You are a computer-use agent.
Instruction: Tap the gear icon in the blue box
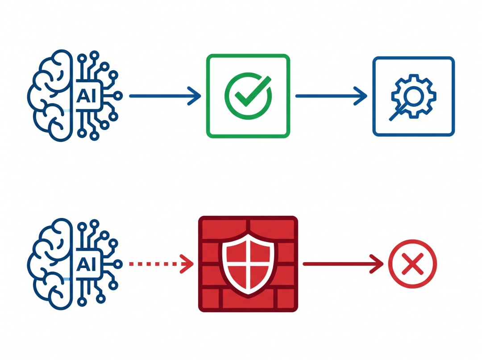coord(414,96)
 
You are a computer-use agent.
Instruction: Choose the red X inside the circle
coord(412,264)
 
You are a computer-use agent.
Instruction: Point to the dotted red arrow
coord(162,264)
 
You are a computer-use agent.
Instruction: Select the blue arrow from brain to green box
coord(165,96)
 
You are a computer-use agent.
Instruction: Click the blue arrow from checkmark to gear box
coord(331,96)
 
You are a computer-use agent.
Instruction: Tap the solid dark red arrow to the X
coord(343,264)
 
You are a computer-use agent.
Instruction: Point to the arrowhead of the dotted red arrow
coord(187,264)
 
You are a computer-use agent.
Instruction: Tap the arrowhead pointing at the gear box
coord(361,96)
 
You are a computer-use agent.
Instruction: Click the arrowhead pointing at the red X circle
coord(378,264)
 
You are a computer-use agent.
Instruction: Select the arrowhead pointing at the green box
coord(195,96)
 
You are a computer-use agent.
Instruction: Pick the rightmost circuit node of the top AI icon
coord(118,96)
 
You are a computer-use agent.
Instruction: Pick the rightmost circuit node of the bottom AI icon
coord(118,264)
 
